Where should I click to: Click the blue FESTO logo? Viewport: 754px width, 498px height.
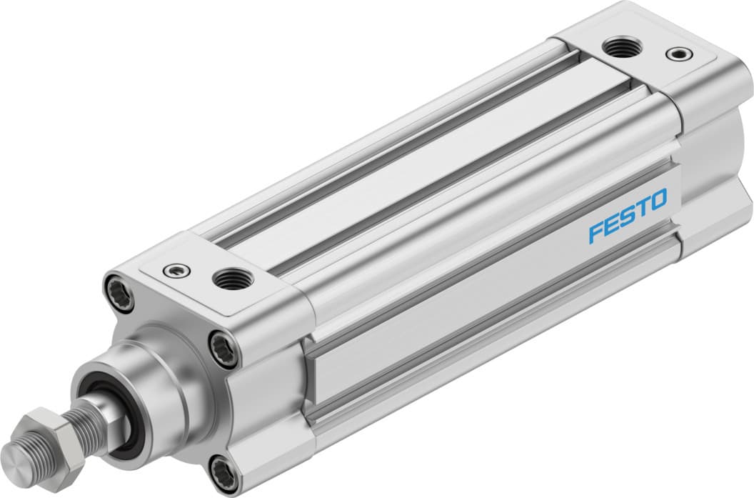pyautogui.click(x=628, y=215)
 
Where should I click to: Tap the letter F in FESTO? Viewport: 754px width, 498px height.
pyautogui.click(x=595, y=233)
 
